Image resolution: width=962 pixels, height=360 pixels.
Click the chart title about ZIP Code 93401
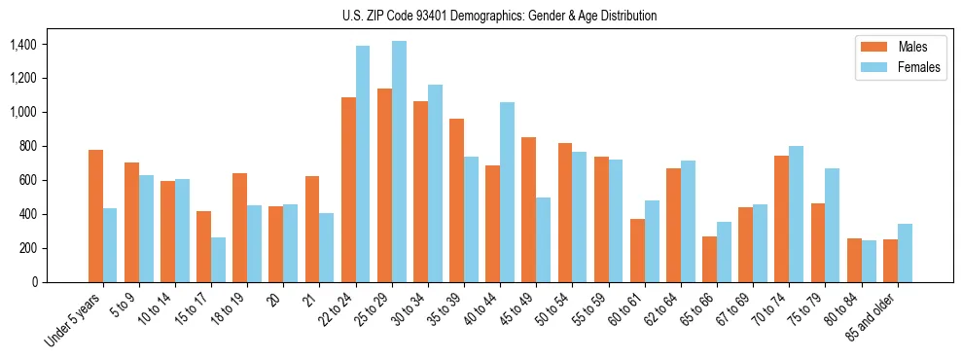click(500, 16)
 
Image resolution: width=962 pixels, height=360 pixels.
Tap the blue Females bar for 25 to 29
click(399, 162)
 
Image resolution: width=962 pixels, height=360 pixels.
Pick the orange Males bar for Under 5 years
click(95, 216)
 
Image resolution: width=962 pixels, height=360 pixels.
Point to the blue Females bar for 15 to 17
click(219, 260)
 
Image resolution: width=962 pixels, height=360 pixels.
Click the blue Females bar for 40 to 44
click(507, 192)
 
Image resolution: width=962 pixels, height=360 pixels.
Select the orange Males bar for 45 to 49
click(528, 209)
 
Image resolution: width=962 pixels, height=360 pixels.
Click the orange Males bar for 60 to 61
click(637, 250)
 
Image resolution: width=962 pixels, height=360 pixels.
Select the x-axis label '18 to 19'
click(228, 310)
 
